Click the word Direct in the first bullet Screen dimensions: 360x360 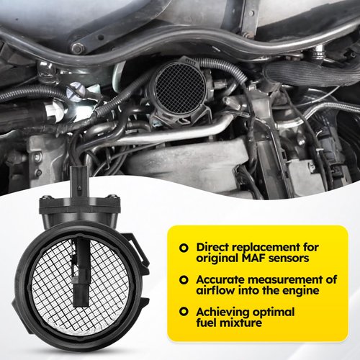(x=214, y=246)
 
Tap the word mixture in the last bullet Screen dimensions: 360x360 (x=240, y=323)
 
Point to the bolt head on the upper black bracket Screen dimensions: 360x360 (x=78, y=48)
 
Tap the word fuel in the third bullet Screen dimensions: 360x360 (x=208, y=323)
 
